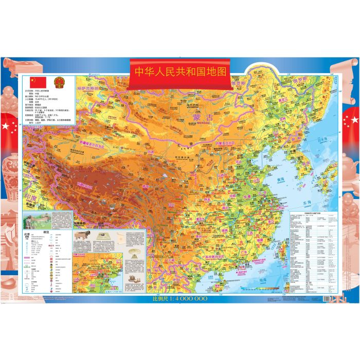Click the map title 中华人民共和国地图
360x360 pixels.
coord(181,72)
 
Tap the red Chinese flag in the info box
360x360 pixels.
coord(37,82)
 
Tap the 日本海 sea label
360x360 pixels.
coord(321,139)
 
